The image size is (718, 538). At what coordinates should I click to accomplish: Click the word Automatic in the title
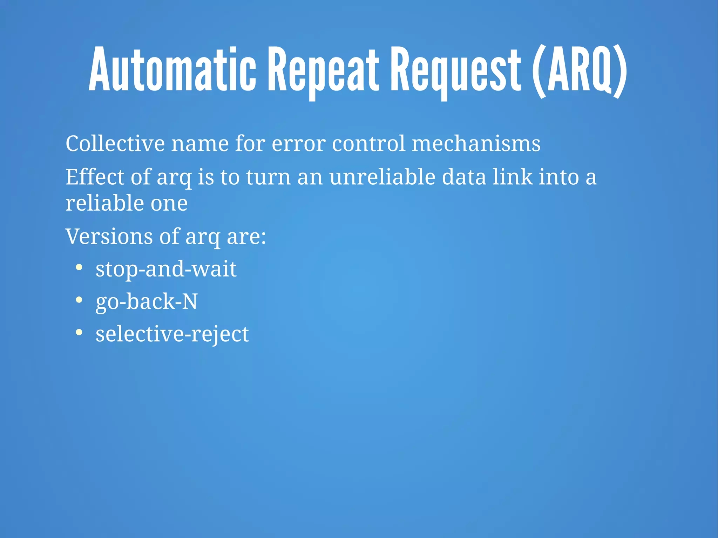coord(172,69)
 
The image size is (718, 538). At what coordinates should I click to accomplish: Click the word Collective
coord(115,144)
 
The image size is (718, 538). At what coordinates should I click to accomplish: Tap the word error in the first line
coord(298,144)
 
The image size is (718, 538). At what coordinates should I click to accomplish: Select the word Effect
coord(95,177)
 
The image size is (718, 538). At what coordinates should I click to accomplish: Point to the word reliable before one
coord(104,203)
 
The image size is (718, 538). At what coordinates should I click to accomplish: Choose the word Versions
coord(109,237)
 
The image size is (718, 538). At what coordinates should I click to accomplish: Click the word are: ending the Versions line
coord(246,237)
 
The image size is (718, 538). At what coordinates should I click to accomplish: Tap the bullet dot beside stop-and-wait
coord(79,268)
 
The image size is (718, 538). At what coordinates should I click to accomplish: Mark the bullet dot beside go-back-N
coord(79,300)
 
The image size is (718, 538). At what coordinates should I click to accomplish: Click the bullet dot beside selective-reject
coord(79,332)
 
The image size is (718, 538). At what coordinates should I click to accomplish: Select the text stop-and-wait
coord(166,269)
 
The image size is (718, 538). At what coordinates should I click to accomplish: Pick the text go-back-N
coord(147,302)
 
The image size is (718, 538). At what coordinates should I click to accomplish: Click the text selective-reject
coord(172,334)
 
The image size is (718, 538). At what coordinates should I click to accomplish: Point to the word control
coord(368,144)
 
